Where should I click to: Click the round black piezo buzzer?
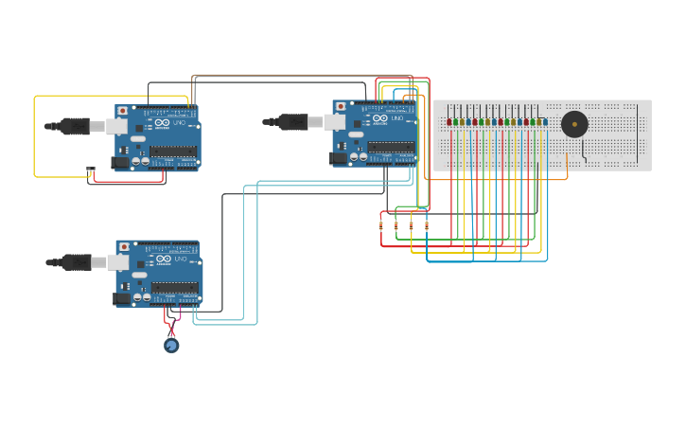[573, 124]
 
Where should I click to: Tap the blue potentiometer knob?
[171, 346]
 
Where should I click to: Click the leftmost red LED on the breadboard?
[449, 122]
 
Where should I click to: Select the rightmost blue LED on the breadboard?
[545, 122]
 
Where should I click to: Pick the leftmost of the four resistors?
[381, 225]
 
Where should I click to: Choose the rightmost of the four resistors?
[427, 225]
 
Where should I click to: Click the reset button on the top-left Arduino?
[122, 111]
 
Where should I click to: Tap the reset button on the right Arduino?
[340, 106]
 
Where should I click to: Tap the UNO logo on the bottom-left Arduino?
[166, 259]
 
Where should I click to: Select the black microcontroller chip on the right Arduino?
[391, 147]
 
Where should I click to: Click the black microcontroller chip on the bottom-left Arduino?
[174, 287]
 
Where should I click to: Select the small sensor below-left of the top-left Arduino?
[91, 171]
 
